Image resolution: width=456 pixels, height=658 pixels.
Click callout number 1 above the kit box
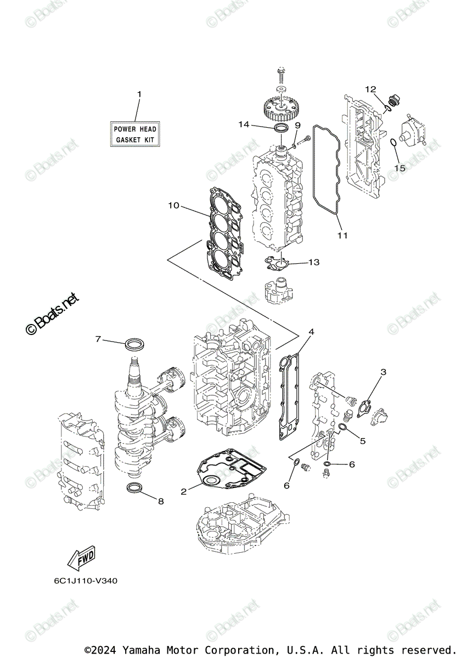pos(139,94)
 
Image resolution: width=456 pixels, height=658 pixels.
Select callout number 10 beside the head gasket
pos(173,206)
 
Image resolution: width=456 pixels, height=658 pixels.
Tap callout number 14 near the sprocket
pos(244,124)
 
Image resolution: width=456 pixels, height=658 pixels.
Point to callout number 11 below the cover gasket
pos(342,236)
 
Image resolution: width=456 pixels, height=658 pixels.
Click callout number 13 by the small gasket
pos(313,263)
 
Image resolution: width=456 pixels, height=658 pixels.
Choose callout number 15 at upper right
pos(399,168)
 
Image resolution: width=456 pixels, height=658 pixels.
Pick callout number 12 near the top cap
pos(370,89)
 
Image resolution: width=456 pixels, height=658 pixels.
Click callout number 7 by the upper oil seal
pos(99,339)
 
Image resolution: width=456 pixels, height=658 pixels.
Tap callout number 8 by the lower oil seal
pos(161,501)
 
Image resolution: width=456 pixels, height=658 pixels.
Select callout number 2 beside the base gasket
pos(184,492)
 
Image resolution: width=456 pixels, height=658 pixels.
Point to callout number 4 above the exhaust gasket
pos(311,332)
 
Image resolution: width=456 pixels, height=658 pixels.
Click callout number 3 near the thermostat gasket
pos(383,372)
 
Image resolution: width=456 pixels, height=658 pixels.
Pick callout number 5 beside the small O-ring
pos(363,440)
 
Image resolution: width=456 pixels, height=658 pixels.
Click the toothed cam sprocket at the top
pos(281,108)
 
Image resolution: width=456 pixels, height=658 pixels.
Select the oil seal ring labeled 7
pos(134,345)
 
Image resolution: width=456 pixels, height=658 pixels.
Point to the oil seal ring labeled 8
pos(135,488)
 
